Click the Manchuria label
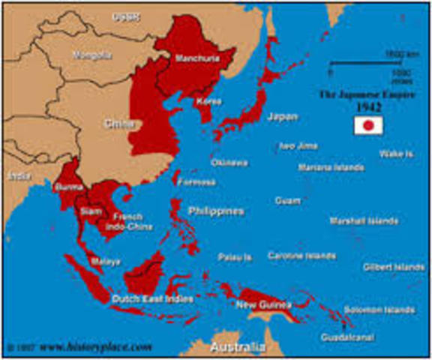(191, 58)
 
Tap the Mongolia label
(91, 55)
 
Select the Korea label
(208, 100)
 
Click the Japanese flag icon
(368, 126)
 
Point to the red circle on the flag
(368, 126)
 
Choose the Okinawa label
(229, 162)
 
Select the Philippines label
(215, 211)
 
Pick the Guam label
(287, 201)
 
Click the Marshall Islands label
(364, 221)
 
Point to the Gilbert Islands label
(394, 267)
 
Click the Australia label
(237, 349)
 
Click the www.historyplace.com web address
(96, 348)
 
